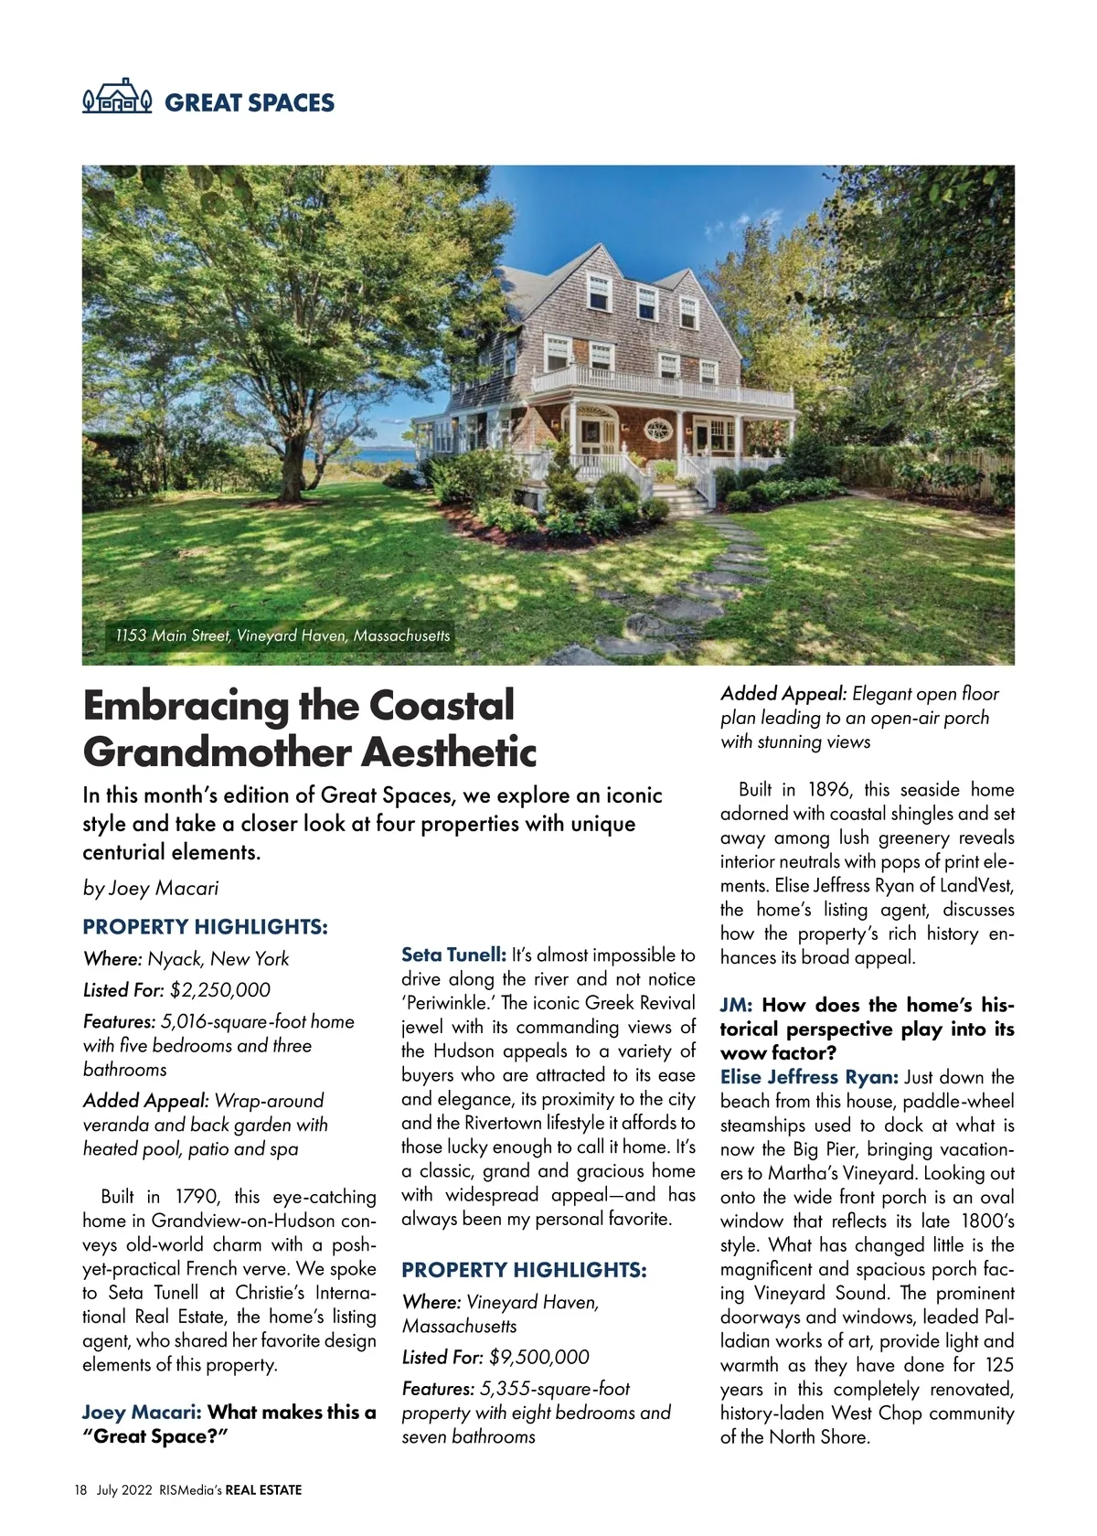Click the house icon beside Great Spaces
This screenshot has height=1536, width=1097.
click(x=117, y=97)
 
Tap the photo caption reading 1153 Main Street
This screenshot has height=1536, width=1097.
click(x=282, y=635)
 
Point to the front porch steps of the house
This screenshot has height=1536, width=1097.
click(x=682, y=499)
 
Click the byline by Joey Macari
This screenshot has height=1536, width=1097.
click(x=151, y=888)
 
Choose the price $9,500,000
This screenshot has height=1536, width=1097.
click(x=539, y=1357)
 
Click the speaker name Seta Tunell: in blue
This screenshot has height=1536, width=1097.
click(x=453, y=955)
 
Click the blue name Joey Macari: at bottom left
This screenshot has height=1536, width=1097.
click(x=142, y=1413)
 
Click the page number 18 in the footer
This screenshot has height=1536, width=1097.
click(x=80, y=1490)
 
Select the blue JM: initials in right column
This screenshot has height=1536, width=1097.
click(x=736, y=1005)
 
